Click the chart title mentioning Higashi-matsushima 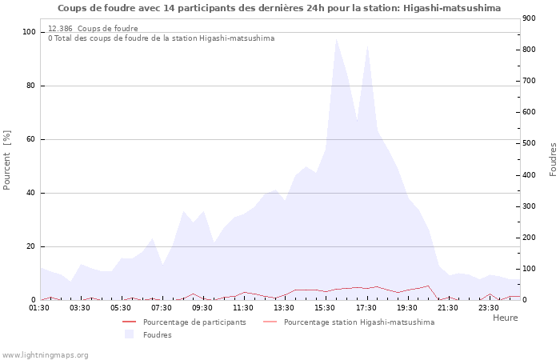[279, 8]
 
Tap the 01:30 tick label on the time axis [40, 307]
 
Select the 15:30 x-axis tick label [325, 307]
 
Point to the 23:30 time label [488, 307]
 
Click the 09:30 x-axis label [202, 307]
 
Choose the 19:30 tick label [406, 307]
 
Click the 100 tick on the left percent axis [29, 32]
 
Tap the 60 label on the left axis [31, 139]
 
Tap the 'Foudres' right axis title [553, 159]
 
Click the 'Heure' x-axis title [505, 318]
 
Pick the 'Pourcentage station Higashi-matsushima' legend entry [359, 322]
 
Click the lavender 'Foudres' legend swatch [129, 334]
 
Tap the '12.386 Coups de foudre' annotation [93, 29]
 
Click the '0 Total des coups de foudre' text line [161, 38]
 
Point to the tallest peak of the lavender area [336, 38]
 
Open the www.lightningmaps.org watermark [45, 354]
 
